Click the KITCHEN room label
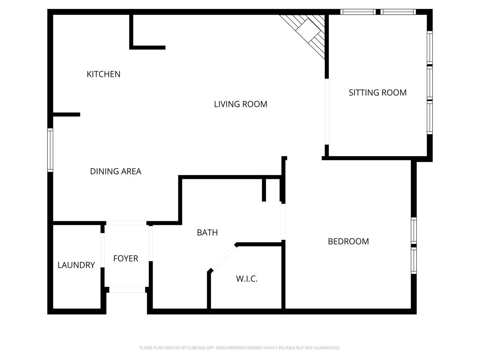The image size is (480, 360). coord(103,74)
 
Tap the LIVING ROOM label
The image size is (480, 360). coord(240,104)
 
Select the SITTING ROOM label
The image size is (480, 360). coord(377,93)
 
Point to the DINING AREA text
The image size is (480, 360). coord(115,171)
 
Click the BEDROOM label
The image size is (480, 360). coord(348,241)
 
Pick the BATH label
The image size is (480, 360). coord(207,232)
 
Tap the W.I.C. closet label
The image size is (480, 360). coord(246,279)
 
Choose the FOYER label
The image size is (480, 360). coord(126,258)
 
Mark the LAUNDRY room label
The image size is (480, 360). coord(76,265)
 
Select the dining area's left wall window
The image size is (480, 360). coord(50,150)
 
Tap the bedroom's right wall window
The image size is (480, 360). coord(414,245)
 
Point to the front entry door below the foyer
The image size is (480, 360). coord(127,289)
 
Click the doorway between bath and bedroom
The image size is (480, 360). coord(283,221)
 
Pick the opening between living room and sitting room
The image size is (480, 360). coord(327,111)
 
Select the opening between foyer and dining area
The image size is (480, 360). coord(126,223)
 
